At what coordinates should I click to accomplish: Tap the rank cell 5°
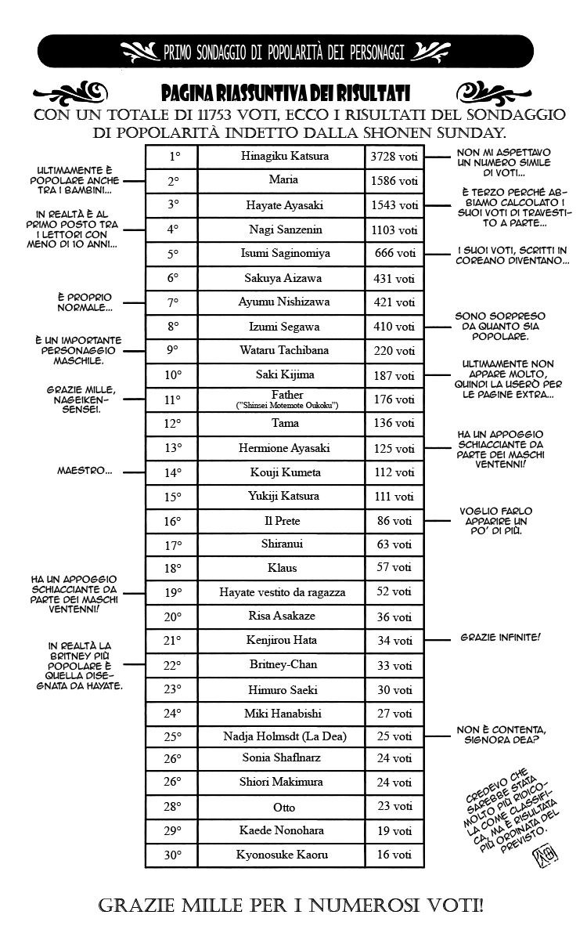point(174,253)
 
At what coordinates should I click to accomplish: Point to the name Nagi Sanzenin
point(281,230)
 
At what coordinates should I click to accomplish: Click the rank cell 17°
point(173,544)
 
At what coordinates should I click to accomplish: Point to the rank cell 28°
point(173,806)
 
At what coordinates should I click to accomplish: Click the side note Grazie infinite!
point(500,638)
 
